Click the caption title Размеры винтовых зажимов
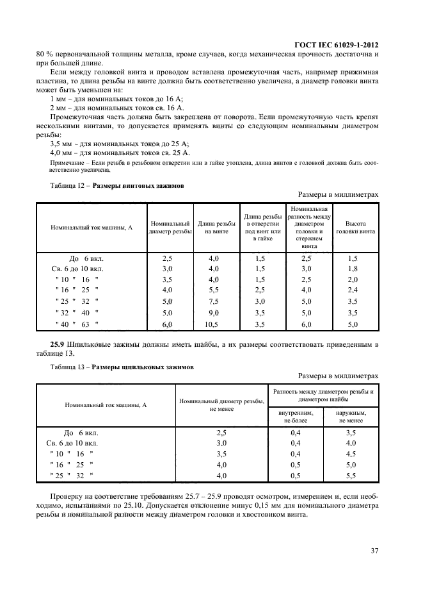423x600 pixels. tap(138, 185)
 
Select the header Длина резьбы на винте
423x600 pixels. tap(213, 228)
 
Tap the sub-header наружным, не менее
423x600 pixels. tap(351, 417)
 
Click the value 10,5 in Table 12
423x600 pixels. tap(213, 325)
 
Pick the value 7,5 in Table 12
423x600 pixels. tap(213, 301)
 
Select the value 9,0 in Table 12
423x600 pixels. tap(213, 313)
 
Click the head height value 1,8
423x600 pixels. tap(353, 269)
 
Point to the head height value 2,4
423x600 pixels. tap(353, 290)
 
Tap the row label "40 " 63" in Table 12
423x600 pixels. tap(76, 325)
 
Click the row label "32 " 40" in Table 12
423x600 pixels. tap(76, 313)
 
